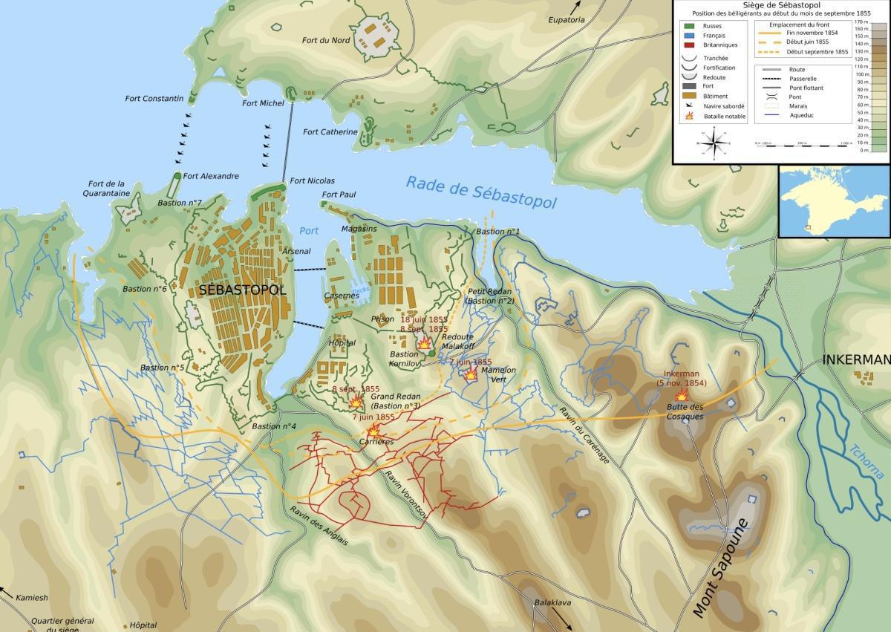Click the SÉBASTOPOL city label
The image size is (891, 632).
[242, 290]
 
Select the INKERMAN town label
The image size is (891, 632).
[856, 360]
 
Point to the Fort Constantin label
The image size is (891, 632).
[154, 99]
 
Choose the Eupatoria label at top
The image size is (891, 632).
[567, 20]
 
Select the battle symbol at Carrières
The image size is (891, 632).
[373, 430]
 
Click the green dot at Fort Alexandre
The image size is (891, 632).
[177, 176]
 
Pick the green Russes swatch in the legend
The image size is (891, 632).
[690, 26]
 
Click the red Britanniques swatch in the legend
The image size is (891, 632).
[690, 45]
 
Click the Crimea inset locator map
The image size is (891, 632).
[833, 201]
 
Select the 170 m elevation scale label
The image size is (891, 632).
[861, 23]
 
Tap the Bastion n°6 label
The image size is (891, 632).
[144, 289]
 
